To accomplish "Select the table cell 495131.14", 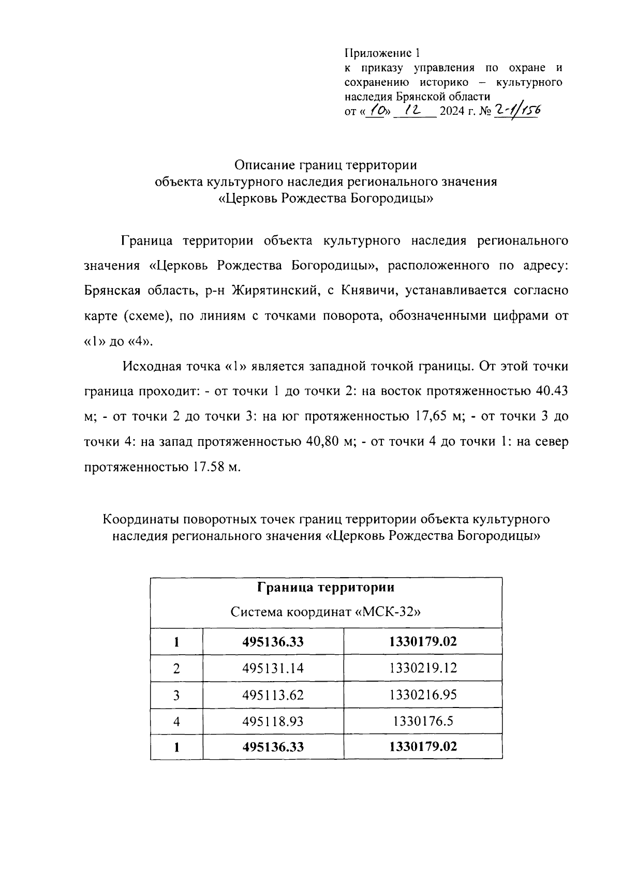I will (273, 669).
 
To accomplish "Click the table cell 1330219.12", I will (423, 669).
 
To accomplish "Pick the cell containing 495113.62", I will (273, 695).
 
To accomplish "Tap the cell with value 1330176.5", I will (423, 721).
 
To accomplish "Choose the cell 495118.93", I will (273, 721).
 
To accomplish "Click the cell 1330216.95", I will (423, 695).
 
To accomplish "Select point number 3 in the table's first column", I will (176, 695).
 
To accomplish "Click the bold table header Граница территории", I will (326, 588).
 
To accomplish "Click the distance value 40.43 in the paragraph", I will (552, 392).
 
